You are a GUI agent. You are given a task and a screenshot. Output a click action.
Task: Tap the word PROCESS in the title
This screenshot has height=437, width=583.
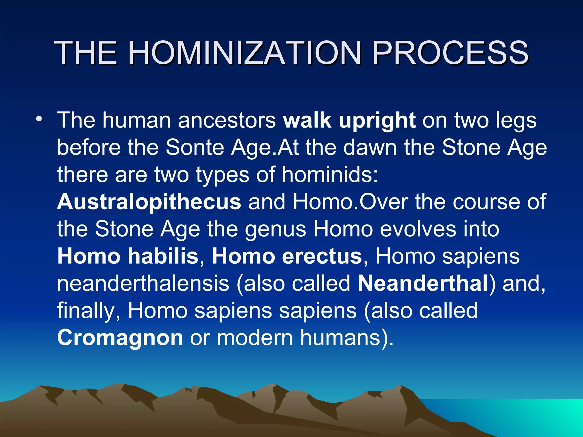(x=450, y=53)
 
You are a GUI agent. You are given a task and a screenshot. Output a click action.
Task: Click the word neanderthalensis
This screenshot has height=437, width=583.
(x=143, y=283)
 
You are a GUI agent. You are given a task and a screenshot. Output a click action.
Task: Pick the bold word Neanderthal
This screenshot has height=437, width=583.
(x=423, y=283)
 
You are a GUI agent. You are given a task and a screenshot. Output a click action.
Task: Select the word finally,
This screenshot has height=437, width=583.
(x=89, y=311)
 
